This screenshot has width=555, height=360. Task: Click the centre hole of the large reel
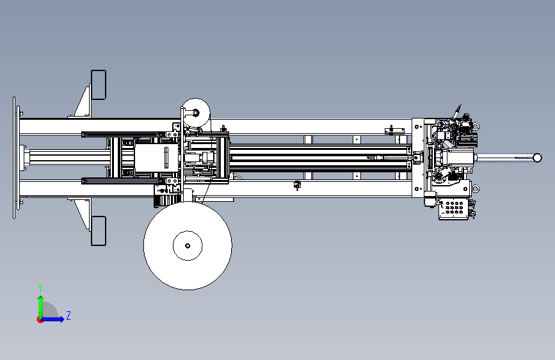(188, 245)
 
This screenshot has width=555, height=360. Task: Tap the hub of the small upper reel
(195, 113)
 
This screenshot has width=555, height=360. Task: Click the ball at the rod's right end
(537, 158)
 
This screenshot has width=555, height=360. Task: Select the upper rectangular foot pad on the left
(99, 85)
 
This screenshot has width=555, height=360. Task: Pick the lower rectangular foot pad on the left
(99, 231)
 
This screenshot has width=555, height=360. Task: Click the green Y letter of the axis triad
(40, 288)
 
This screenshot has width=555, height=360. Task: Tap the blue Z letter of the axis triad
(68, 315)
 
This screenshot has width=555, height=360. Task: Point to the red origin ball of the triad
(40, 320)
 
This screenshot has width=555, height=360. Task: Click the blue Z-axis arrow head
(61, 319)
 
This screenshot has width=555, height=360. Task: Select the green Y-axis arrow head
(41, 299)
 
